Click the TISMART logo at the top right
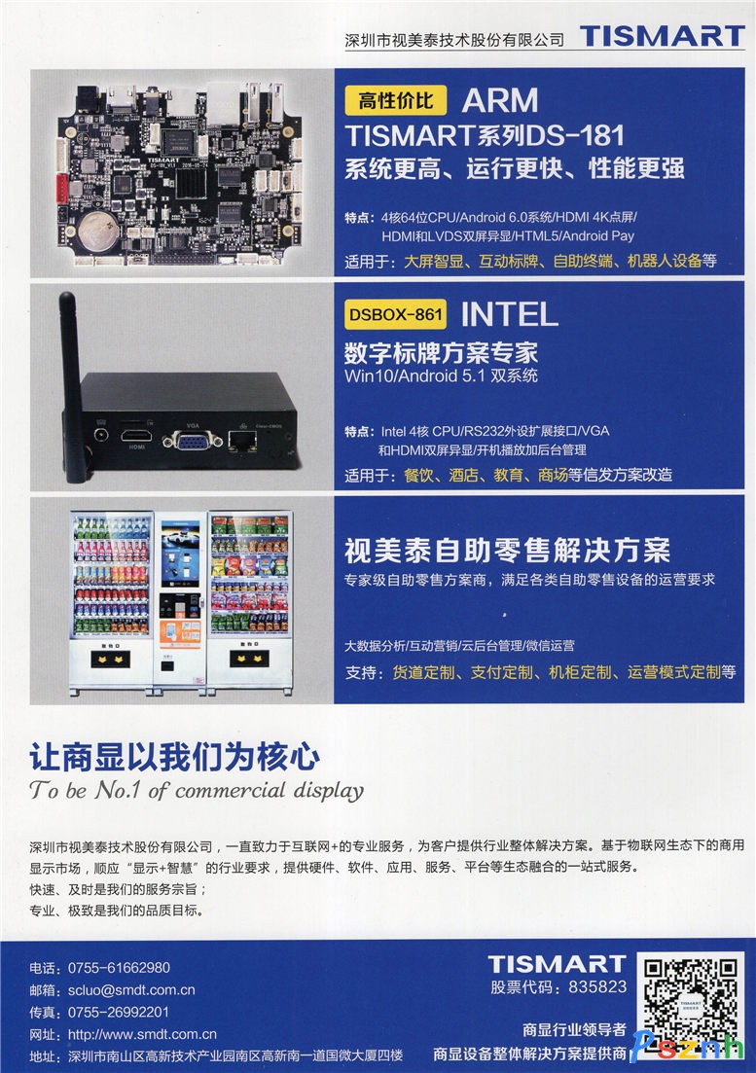(x=663, y=36)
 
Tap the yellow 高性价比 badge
(x=395, y=100)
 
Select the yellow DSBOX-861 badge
(x=395, y=315)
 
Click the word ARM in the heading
(x=500, y=100)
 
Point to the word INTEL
(x=510, y=315)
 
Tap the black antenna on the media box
(x=73, y=387)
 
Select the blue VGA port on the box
(x=193, y=442)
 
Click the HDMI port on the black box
(x=136, y=435)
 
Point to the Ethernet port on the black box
(x=242, y=442)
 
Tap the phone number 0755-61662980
(x=119, y=968)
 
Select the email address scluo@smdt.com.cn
(x=131, y=990)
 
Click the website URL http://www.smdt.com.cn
(x=142, y=1034)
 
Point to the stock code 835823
(x=597, y=986)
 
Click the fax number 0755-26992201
(x=119, y=1012)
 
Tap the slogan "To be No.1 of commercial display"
(x=197, y=790)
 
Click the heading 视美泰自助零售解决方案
(x=507, y=551)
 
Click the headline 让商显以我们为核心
(x=174, y=757)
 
